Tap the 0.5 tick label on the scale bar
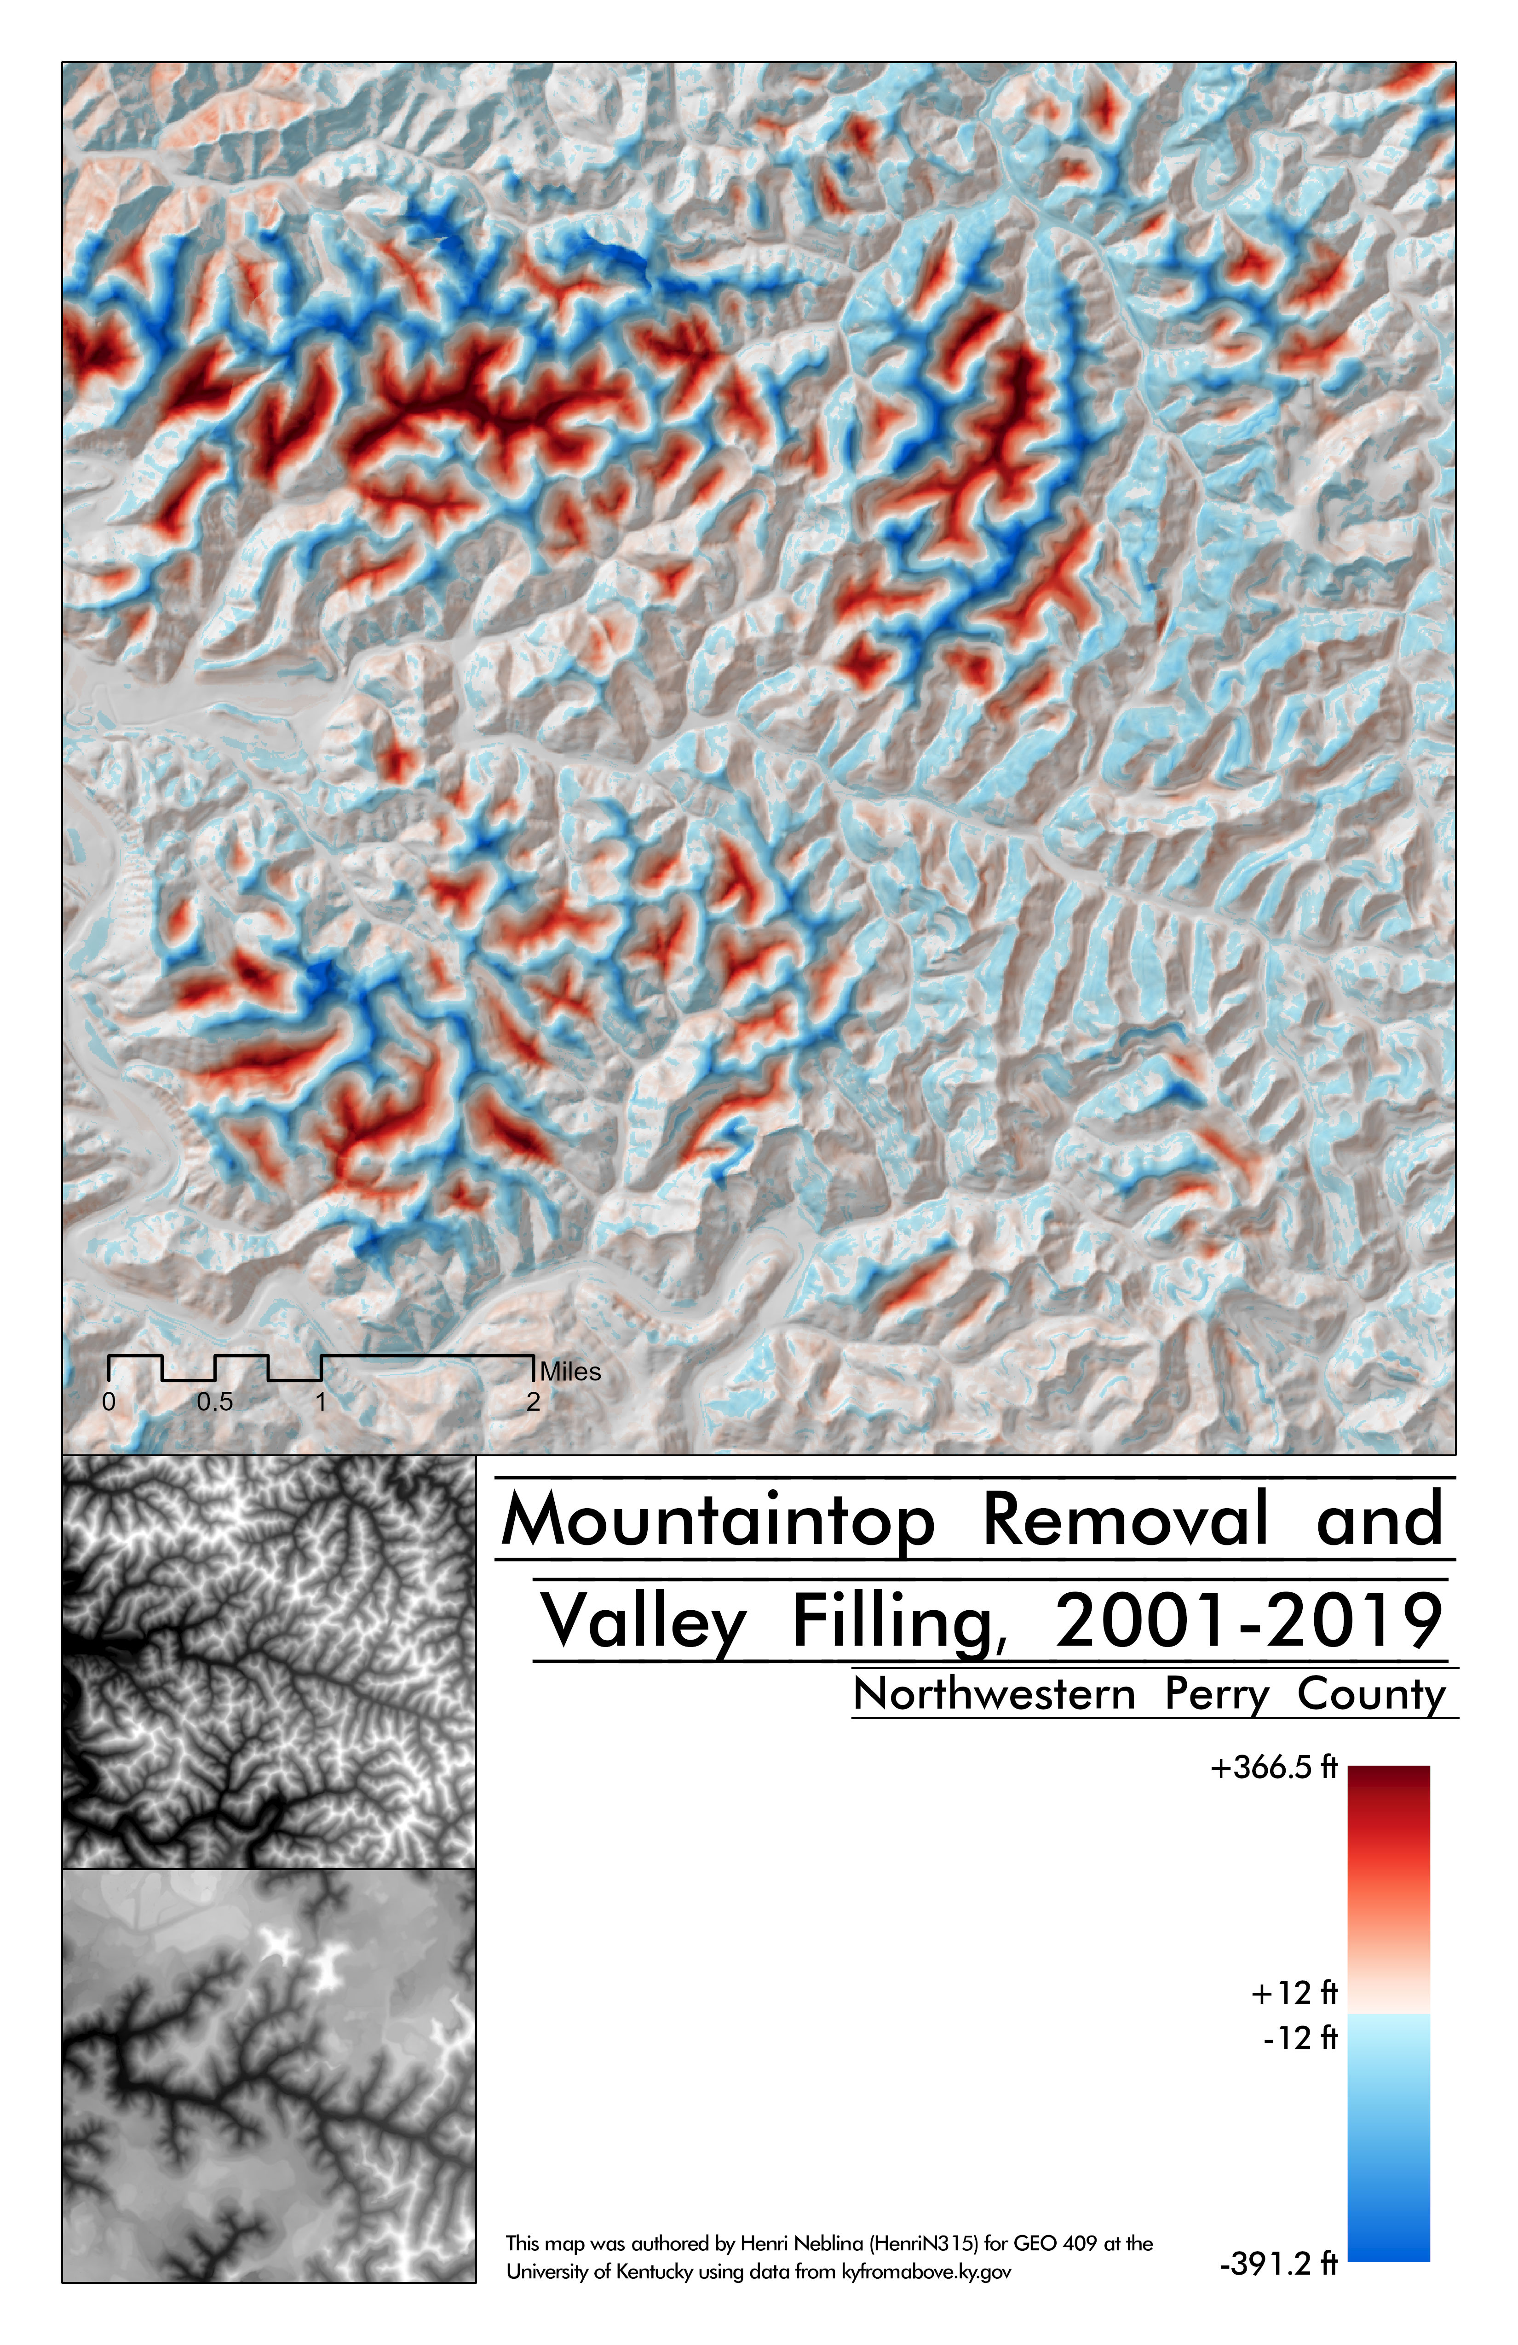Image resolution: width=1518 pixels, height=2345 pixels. point(215,1402)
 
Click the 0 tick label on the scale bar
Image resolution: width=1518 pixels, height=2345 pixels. point(109,1402)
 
